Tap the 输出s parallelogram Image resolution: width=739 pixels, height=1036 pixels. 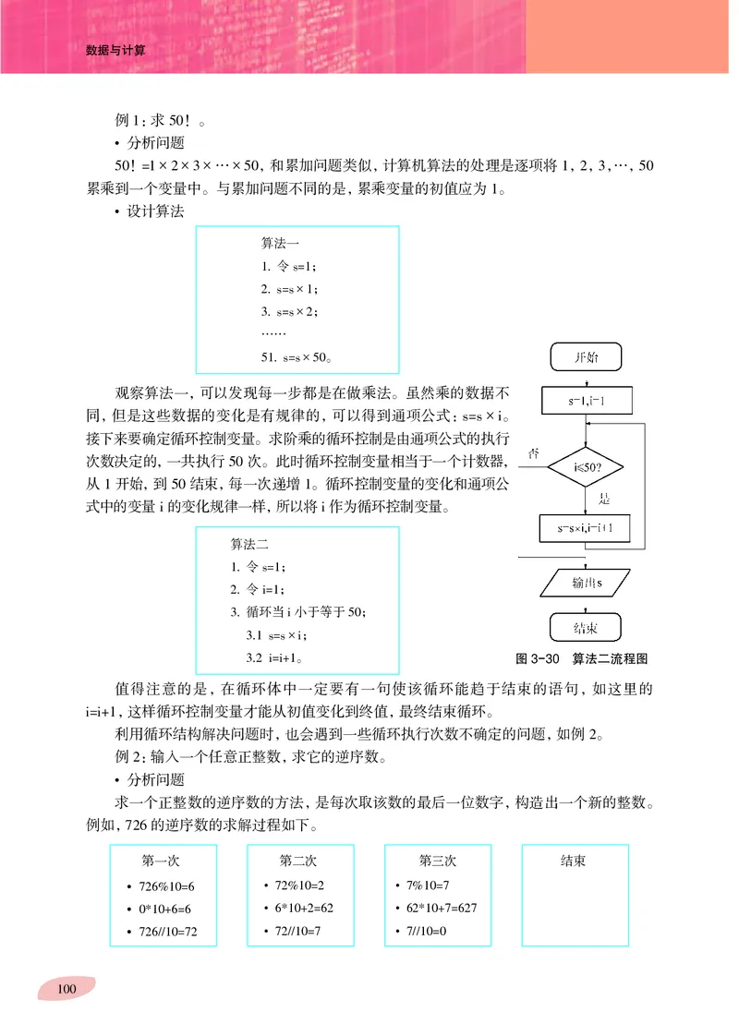pyautogui.click(x=586, y=583)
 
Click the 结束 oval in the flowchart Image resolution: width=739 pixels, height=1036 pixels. pyautogui.click(x=586, y=628)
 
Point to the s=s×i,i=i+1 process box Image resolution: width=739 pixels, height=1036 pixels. pyautogui.click(x=586, y=528)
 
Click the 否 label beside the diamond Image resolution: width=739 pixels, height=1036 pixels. pyautogui.click(x=534, y=452)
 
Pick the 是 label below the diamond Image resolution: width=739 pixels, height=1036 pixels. pyautogui.click(x=605, y=499)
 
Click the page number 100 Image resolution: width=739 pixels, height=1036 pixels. pyautogui.click(x=66, y=990)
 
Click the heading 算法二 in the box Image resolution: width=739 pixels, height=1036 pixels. pyautogui.click(x=248, y=544)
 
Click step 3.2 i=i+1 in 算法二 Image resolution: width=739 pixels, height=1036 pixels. pyautogui.click(x=276, y=658)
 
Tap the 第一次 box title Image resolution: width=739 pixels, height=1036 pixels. pyautogui.click(x=161, y=861)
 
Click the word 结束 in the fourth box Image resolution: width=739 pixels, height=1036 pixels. pyautogui.click(x=573, y=861)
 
